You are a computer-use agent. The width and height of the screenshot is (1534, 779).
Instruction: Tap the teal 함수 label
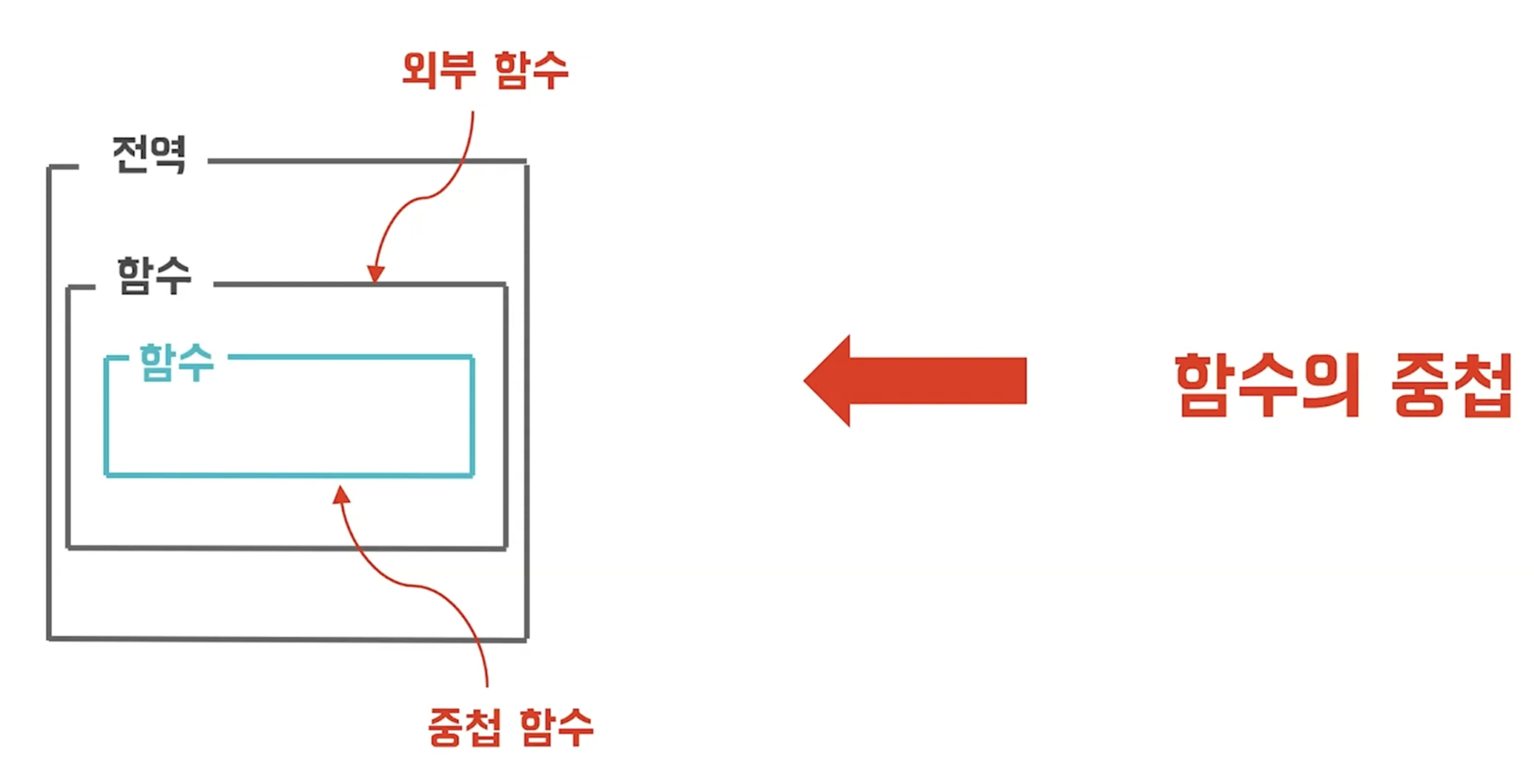click(x=176, y=361)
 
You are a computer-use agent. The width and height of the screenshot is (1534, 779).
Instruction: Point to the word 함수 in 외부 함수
click(x=531, y=70)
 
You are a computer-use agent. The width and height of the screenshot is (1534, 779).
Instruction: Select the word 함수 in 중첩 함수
click(x=556, y=726)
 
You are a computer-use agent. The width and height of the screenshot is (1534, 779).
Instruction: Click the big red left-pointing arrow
click(x=917, y=381)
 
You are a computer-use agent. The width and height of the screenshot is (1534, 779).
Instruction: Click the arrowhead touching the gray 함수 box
click(x=376, y=273)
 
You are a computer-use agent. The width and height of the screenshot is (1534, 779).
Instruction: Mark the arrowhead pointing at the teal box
click(x=341, y=495)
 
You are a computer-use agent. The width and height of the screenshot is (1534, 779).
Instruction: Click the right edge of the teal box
click(x=472, y=417)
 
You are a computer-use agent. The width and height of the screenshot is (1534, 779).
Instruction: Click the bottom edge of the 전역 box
click(x=286, y=639)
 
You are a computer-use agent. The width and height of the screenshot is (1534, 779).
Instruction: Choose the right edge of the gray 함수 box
click(x=506, y=417)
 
